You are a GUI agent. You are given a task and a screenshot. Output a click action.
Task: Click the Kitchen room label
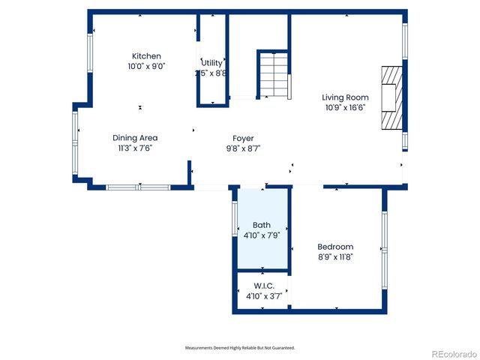pos(146,56)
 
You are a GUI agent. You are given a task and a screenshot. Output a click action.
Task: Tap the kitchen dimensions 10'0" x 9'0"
pos(146,66)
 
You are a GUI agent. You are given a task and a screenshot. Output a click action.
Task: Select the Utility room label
pos(211,63)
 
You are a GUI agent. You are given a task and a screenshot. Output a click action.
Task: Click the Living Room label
pos(345,97)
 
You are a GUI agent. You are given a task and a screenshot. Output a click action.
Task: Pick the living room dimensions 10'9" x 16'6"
pos(345,108)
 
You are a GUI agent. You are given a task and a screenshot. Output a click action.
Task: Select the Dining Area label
pos(135,138)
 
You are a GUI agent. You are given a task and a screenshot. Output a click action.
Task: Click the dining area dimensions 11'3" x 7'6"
pos(135,148)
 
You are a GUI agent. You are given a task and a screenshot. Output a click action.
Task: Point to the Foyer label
pos(243,138)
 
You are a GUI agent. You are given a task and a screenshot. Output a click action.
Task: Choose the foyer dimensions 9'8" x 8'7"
pos(243,148)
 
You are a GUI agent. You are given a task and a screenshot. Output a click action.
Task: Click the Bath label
pos(261,225)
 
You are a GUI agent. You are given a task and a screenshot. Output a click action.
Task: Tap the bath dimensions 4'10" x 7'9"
pos(261,235)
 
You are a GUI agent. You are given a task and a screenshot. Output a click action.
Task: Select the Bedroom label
pos(334,247)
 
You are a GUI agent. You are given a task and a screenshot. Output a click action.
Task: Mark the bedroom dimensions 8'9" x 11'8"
pos(334,257)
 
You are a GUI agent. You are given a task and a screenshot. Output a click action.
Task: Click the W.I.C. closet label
pos(264,286)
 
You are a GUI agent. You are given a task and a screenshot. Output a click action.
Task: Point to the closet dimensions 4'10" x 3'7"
pos(264,296)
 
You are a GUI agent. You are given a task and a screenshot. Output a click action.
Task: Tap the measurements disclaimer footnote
pos(240,348)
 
